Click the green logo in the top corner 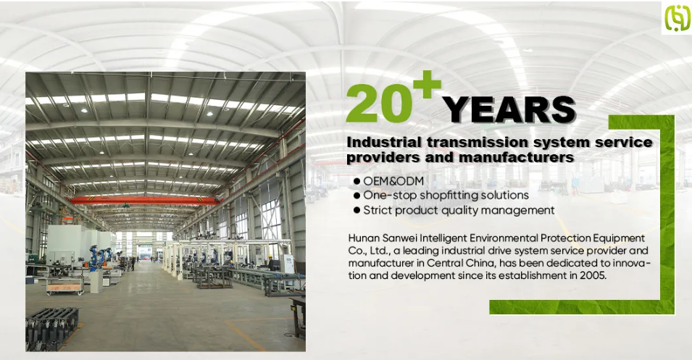(678, 17)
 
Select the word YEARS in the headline (509, 109)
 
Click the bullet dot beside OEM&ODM (357, 181)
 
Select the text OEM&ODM (393, 181)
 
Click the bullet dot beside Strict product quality (357, 211)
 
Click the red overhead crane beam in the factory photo (144, 201)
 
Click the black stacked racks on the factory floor (51, 327)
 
